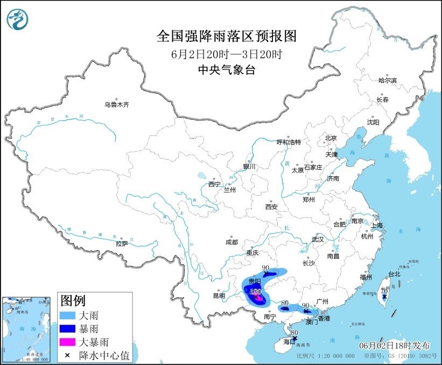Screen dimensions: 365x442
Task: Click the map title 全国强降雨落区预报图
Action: [226, 36]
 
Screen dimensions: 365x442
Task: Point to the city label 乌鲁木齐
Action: [117, 105]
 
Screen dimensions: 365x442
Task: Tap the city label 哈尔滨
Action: [387, 81]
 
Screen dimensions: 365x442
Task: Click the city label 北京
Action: [331, 138]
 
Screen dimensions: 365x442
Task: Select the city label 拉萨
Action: [122, 244]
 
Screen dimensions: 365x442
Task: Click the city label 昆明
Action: [219, 295]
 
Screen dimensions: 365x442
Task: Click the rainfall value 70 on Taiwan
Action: [384, 291]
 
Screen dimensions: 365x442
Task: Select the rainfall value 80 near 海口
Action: [294, 333]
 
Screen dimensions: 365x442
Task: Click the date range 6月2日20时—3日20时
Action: [226, 54]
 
